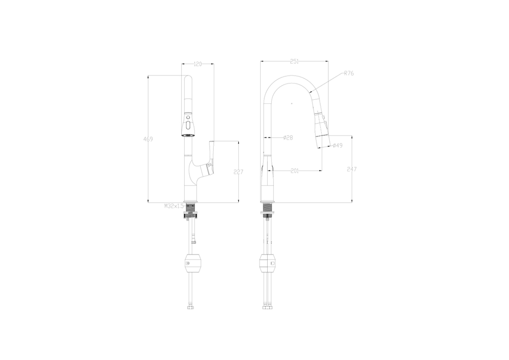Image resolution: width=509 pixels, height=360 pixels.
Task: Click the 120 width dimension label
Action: (x=198, y=64)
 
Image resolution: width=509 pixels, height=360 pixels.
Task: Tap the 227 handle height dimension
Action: (x=238, y=172)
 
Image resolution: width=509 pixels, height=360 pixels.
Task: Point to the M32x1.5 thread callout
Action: (x=174, y=206)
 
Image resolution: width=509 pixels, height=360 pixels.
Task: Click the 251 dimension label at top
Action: (x=294, y=61)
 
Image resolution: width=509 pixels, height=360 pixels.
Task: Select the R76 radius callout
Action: (x=349, y=73)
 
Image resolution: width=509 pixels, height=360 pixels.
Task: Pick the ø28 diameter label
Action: (x=288, y=138)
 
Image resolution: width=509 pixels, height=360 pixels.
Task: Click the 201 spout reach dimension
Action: (x=294, y=171)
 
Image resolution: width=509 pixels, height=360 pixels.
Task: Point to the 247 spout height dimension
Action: (x=353, y=169)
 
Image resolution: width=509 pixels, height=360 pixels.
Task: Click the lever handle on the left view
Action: (x=211, y=155)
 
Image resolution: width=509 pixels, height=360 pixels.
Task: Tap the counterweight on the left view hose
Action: (x=192, y=263)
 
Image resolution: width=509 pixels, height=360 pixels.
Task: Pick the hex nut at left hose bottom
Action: (x=191, y=307)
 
